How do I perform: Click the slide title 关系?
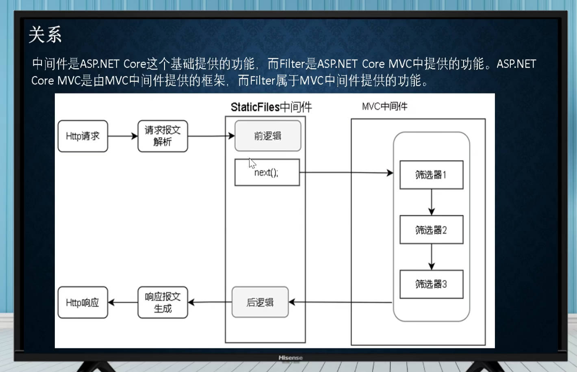tap(45, 35)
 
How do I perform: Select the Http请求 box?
tap(82, 136)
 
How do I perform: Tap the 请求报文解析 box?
tap(163, 136)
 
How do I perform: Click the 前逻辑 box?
tap(268, 136)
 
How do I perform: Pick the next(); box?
tap(267, 172)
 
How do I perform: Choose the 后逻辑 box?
tap(260, 302)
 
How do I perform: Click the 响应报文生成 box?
tap(163, 302)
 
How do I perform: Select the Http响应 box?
tap(82, 302)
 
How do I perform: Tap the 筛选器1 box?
tap(432, 175)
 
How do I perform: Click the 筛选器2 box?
tap(432, 230)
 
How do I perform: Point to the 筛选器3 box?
tap(432, 284)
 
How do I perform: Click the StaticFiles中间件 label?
tap(271, 107)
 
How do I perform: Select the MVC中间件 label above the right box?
tap(384, 106)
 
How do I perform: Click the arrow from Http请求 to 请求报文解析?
tap(123, 136)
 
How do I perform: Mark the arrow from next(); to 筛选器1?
tap(347, 172)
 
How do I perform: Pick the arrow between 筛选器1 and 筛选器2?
tap(432, 202)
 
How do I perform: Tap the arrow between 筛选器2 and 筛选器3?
tap(432, 257)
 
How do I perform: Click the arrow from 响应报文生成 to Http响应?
tap(123, 302)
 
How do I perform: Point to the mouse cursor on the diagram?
tap(252, 163)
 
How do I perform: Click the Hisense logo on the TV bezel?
tap(291, 357)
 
